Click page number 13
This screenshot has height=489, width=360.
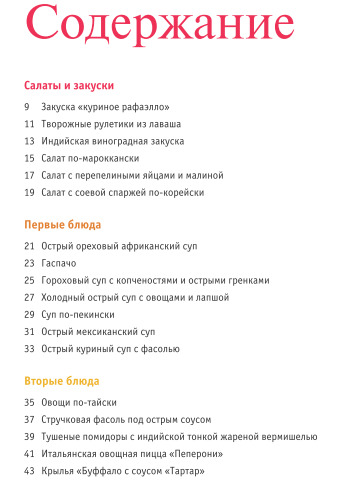pyautogui.click(x=29, y=141)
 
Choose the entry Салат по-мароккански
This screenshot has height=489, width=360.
pyautogui.click(x=89, y=158)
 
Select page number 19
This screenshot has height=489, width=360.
pyautogui.click(x=29, y=192)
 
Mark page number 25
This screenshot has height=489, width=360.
pyautogui.click(x=29, y=281)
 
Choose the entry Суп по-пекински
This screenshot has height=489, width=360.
pyautogui.click(x=78, y=315)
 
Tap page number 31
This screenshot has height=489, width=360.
pyautogui.click(x=29, y=332)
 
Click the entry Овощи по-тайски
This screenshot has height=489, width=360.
pyautogui.click(x=78, y=402)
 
